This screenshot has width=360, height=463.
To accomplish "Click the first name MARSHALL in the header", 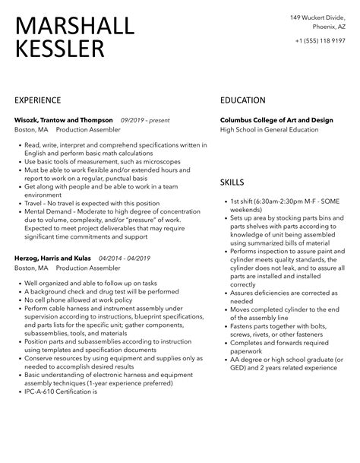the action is click(74, 27).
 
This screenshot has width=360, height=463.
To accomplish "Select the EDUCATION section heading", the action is click(242, 100).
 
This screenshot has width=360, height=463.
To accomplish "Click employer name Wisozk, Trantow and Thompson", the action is click(64, 120).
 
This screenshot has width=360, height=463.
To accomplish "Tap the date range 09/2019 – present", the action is click(145, 120).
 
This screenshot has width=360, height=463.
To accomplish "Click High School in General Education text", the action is click(269, 130).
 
